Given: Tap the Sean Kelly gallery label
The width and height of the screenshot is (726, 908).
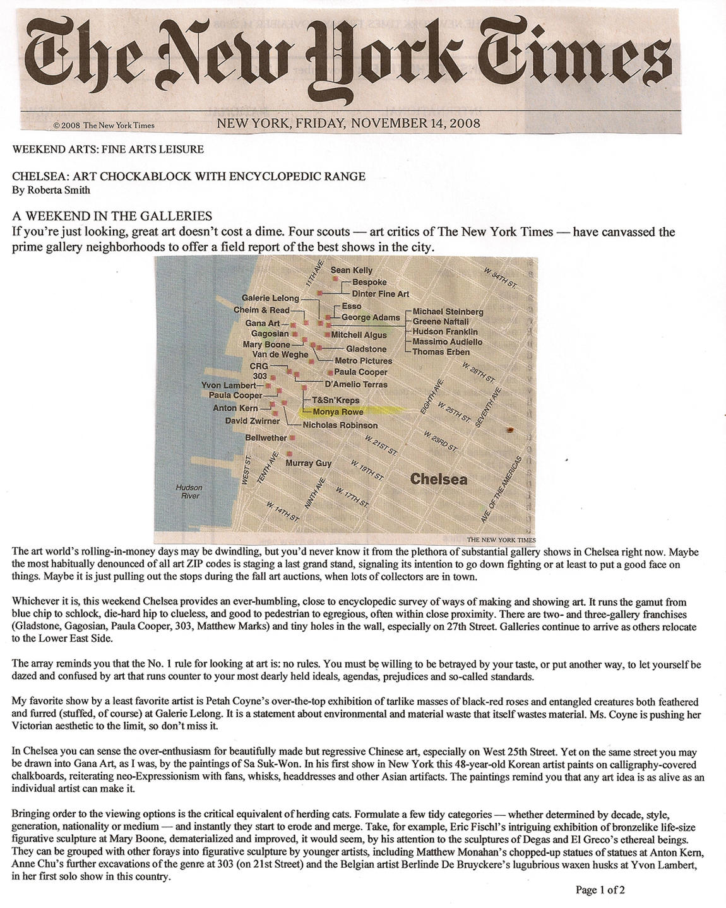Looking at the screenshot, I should click(352, 270).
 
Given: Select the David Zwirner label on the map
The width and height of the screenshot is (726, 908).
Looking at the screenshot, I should click(253, 421).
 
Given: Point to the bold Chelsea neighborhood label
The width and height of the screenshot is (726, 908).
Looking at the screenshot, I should click(439, 479).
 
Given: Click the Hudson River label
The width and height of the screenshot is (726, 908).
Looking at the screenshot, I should click(189, 492).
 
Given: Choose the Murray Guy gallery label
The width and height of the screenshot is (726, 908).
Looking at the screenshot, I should click(309, 463).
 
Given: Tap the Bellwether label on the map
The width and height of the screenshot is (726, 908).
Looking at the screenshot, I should click(266, 437).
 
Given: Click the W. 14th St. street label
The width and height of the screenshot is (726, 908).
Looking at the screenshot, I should click(283, 511).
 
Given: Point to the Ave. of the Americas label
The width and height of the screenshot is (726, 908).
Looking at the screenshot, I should click(502, 490).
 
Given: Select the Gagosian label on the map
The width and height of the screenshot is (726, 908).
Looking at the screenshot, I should click(270, 334).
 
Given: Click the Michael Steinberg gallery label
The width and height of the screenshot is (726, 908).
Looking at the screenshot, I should click(448, 312).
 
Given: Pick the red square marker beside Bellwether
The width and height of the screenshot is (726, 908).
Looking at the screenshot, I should click(293, 437).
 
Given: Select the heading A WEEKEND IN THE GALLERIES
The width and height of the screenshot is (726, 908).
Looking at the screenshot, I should click(112, 216).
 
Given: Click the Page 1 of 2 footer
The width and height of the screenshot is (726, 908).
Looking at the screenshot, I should click(600, 890).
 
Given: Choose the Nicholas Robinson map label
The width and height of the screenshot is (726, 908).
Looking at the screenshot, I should click(340, 425).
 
